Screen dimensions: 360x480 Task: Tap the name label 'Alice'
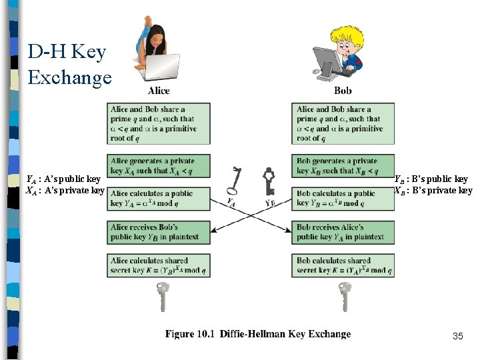tap(159, 91)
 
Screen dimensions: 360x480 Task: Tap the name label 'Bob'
tap(343, 91)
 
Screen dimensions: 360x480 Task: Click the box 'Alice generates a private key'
tap(159, 166)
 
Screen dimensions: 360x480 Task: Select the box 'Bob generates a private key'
tap(343, 166)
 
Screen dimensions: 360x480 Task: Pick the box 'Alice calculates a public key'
tap(159, 199)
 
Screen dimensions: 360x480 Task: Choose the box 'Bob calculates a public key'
tap(343, 199)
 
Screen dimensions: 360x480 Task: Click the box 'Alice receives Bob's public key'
tap(159, 232)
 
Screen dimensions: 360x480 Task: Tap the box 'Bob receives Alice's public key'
tap(343, 232)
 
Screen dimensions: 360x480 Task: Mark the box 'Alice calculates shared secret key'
tap(159, 265)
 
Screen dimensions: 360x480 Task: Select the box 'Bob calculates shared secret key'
tap(343, 265)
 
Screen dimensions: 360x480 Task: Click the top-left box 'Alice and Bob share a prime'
tap(159, 123)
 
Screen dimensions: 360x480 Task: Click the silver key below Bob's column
tap(345, 297)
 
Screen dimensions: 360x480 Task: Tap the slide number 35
tap(457, 336)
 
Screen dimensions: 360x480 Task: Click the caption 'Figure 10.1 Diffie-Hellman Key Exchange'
tap(258, 334)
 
